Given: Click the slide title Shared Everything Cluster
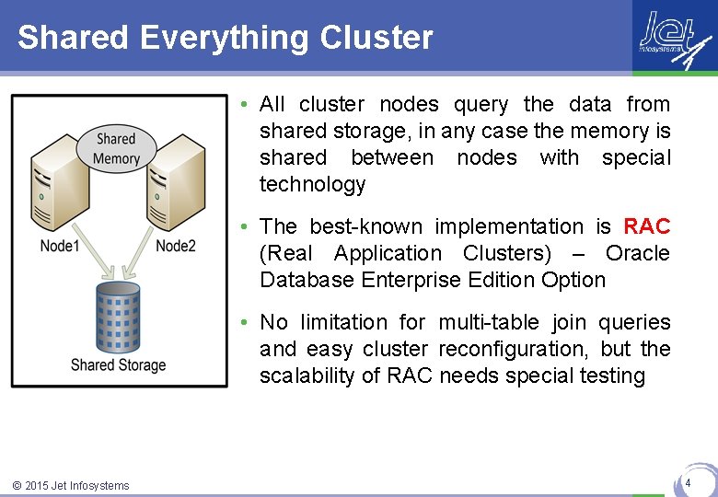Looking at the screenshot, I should pyautogui.click(x=225, y=38).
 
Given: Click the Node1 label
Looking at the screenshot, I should pyautogui.click(x=60, y=245).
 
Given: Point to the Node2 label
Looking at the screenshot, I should pyautogui.click(x=175, y=245).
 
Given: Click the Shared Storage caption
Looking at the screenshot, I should pyautogui.click(x=118, y=364).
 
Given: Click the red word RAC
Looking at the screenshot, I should pyautogui.click(x=646, y=226).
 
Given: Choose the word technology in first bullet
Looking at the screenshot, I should pyautogui.click(x=312, y=184).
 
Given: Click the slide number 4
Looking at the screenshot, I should pyautogui.click(x=687, y=482).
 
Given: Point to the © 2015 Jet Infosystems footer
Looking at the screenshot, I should pyautogui.click(x=71, y=485).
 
